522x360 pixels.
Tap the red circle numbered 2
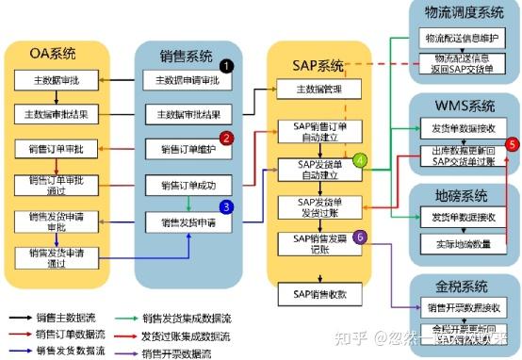click(226, 138)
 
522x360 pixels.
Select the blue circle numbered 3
click(226, 206)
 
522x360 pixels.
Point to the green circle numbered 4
click(359, 160)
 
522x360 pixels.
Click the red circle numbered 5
click(512, 144)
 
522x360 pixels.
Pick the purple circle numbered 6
click(359, 237)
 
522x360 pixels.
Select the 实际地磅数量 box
click(461, 245)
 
